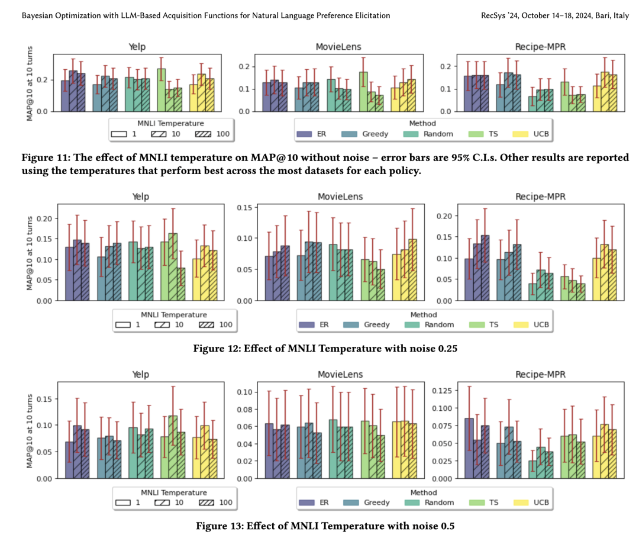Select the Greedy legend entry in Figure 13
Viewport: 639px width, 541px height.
pos(377,503)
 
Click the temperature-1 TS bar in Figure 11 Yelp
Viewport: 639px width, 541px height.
pos(161,89)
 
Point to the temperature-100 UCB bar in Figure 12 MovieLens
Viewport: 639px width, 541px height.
pos(412,270)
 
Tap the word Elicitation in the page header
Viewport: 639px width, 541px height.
pos(369,15)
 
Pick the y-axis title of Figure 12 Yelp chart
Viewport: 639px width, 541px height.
pos(30,253)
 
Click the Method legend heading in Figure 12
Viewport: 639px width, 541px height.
pos(423,314)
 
